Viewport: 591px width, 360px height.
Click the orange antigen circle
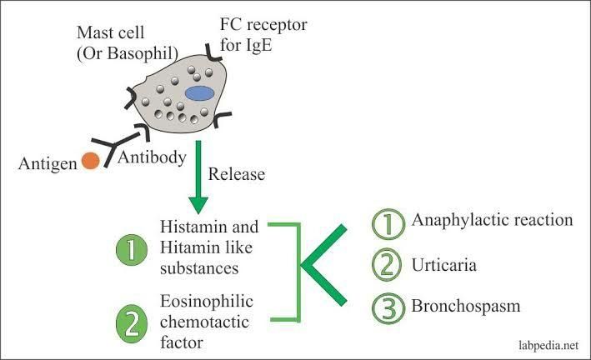click(x=91, y=161)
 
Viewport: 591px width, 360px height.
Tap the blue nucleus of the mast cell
click(x=200, y=93)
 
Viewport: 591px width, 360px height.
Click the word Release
click(x=238, y=176)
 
